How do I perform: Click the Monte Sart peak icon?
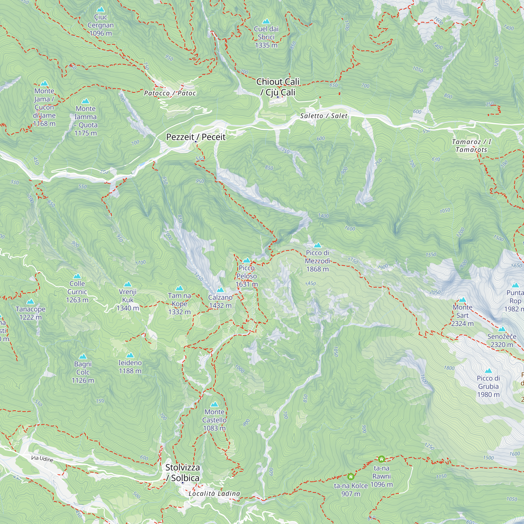pos(462,300)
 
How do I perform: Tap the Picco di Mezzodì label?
pos(317,261)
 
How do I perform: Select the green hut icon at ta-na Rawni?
pos(381,459)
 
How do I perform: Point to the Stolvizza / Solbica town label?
pos(183,472)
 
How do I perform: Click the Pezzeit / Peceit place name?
pos(195,137)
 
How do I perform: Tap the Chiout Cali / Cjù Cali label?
pos(278,87)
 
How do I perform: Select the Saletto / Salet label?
pos(323,116)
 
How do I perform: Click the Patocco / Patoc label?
pos(170,93)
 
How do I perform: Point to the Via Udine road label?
pos(42,459)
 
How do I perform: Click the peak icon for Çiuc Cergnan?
pos(101,9)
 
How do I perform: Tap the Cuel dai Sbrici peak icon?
pos(266,21)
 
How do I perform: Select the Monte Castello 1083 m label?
pos(214,420)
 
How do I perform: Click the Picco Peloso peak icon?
pos(246,260)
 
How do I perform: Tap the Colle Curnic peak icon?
pos(77,276)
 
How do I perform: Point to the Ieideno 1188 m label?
pos(130,367)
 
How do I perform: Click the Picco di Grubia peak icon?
pos(488,371)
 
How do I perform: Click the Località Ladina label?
pos(214,493)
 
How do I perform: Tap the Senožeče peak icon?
pos(502,329)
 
